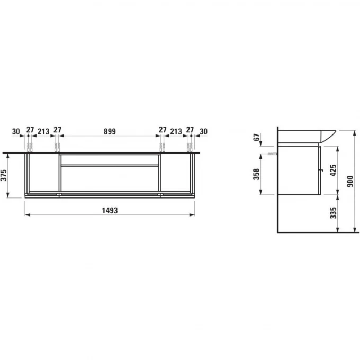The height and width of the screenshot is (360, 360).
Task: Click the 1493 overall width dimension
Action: pyautogui.click(x=109, y=210)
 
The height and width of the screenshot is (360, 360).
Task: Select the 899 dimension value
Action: pyautogui.click(x=110, y=131)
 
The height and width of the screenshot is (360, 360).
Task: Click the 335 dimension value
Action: pyautogui.click(x=333, y=213)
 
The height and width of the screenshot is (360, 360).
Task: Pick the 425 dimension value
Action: pyautogui.click(x=333, y=171)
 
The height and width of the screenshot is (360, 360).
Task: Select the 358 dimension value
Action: pyautogui.click(x=256, y=174)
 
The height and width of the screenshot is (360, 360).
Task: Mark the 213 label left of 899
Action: pyautogui.click(x=43, y=131)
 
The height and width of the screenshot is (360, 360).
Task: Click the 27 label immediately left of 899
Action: pyautogui.click(x=57, y=131)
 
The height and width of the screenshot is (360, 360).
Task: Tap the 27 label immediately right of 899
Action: pyautogui.click(x=162, y=131)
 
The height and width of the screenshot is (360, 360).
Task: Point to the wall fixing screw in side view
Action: pyautogui.click(x=269, y=155)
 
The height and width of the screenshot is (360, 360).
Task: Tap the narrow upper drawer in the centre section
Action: pyautogui.click(x=110, y=159)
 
